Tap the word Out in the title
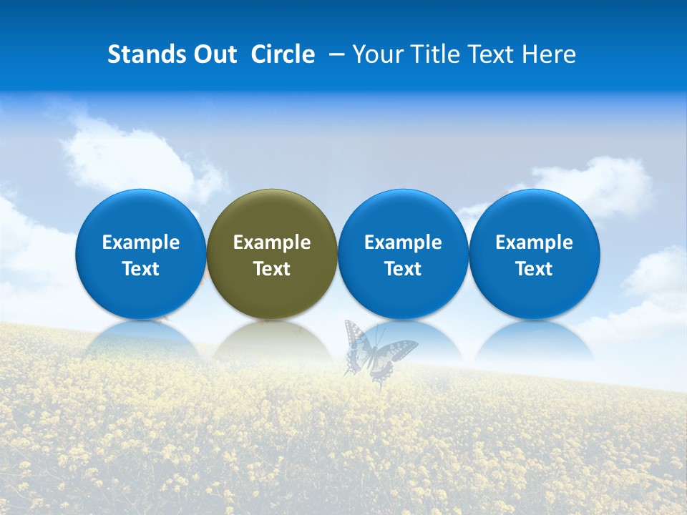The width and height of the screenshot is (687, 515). pos(213,54)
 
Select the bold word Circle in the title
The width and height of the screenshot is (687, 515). pos(283,54)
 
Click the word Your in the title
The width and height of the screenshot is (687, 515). pos(378,54)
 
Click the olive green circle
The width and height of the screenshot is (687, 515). pos(272,254)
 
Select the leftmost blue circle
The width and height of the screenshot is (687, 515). pos(141,254)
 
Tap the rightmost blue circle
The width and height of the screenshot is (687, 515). pos(535,254)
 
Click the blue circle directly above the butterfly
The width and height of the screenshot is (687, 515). pos(403,254)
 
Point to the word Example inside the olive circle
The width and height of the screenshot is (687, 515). pos(272,242)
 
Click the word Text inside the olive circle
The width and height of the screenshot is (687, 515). pos(272,269)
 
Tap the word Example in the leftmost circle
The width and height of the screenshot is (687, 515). pos(141,242)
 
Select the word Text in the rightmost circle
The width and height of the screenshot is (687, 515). pos(535,269)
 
